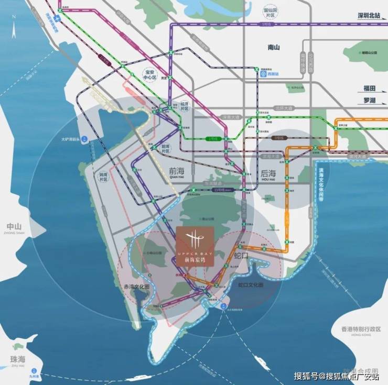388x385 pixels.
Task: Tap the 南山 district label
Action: (274, 47)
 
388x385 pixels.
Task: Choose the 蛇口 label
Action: (241, 256)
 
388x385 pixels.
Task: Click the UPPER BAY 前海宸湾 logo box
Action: (195, 246)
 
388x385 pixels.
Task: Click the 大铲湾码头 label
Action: (71, 139)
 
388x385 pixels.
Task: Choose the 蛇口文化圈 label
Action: (251, 285)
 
